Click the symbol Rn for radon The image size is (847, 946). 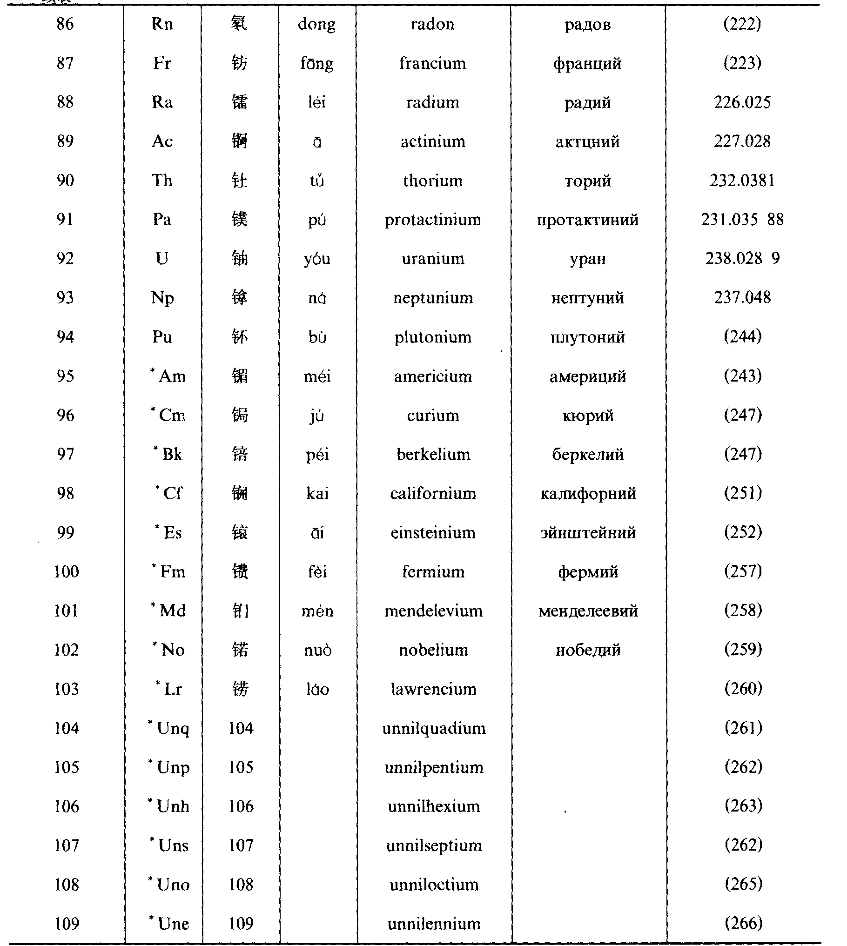pyautogui.click(x=162, y=24)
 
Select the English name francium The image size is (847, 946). pyautogui.click(x=433, y=63)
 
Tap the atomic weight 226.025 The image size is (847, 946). pyautogui.click(x=742, y=102)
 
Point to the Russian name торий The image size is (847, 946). pyautogui.click(x=588, y=181)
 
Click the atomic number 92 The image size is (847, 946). pyautogui.click(x=65, y=259)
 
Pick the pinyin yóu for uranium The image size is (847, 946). pyautogui.click(x=317, y=259)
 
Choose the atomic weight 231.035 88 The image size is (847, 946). pyautogui.click(x=742, y=220)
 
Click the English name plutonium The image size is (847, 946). pyautogui.click(x=433, y=337)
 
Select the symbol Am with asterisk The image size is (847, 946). pyautogui.click(x=168, y=376)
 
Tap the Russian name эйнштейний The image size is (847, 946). pyautogui.click(x=588, y=533)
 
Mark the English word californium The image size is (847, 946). pyautogui.click(x=433, y=494)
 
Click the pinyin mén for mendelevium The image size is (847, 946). pyautogui.click(x=317, y=611)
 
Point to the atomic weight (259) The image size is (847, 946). pyautogui.click(x=743, y=650)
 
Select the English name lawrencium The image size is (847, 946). pyautogui.click(x=434, y=689)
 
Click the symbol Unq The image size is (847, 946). pyautogui.click(x=169, y=729)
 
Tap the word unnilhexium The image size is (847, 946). pyautogui.click(x=434, y=806)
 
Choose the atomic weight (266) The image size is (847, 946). pyautogui.click(x=743, y=924)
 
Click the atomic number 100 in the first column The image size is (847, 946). pyautogui.click(x=67, y=572)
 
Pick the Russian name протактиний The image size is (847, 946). pyautogui.click(x=588, y=220)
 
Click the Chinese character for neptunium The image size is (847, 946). pyautogui.click(x=240, y=298)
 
